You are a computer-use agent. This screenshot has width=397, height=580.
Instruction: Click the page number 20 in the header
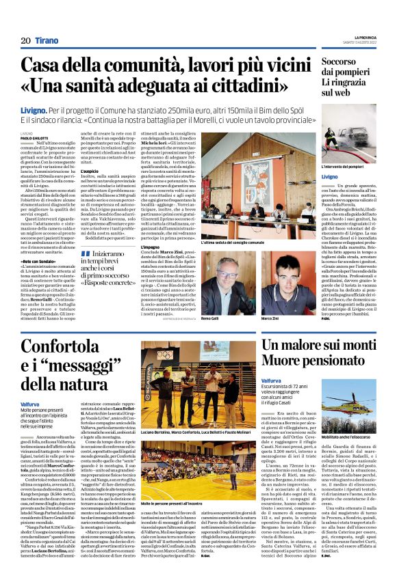[x=25, y=41]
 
